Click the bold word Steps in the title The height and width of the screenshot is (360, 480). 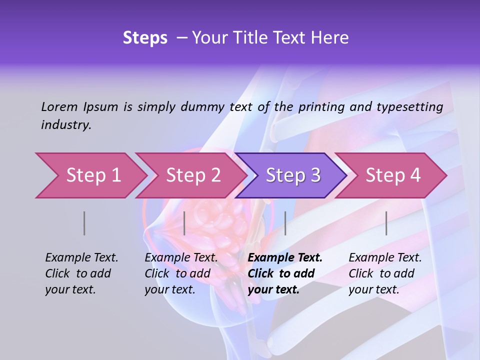click(145, 38)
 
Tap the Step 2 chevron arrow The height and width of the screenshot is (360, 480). click(193, 175)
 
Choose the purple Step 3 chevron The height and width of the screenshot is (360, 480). click(293, 175)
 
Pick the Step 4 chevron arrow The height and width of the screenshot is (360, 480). click(393, 175)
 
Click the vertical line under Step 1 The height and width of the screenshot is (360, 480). click(84, 223)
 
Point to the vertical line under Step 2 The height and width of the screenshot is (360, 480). click(184, 223)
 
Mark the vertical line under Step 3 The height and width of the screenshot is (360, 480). click(285, 223)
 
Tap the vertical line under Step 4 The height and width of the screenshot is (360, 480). click(386, 223)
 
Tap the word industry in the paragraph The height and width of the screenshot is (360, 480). click(65, 125)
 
